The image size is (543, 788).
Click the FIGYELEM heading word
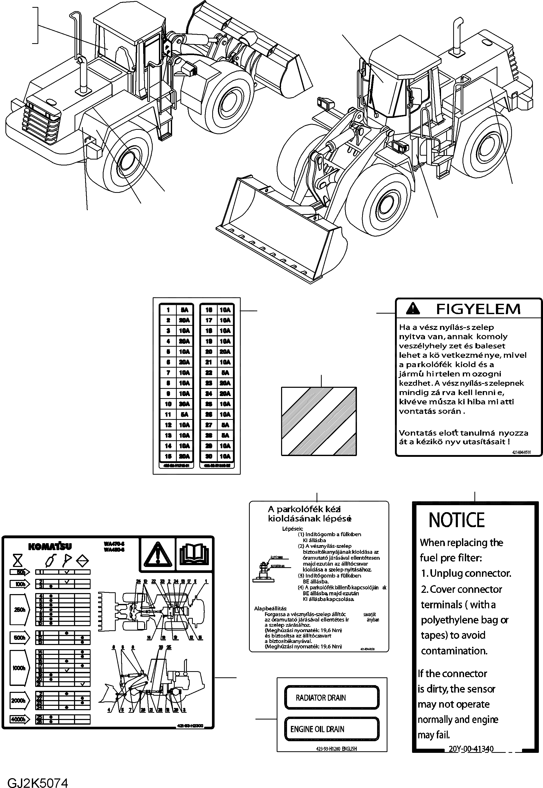(x=478, y=309)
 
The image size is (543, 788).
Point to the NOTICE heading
(x=456, y=520)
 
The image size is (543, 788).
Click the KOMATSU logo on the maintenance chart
(x=50, y=546)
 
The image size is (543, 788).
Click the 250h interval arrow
(x=20, y=610)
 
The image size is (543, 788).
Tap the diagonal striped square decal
(x=319, y=421)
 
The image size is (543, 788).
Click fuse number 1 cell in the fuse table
(x=168, y=310)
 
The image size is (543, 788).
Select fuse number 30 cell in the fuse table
(x=209, y=456)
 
